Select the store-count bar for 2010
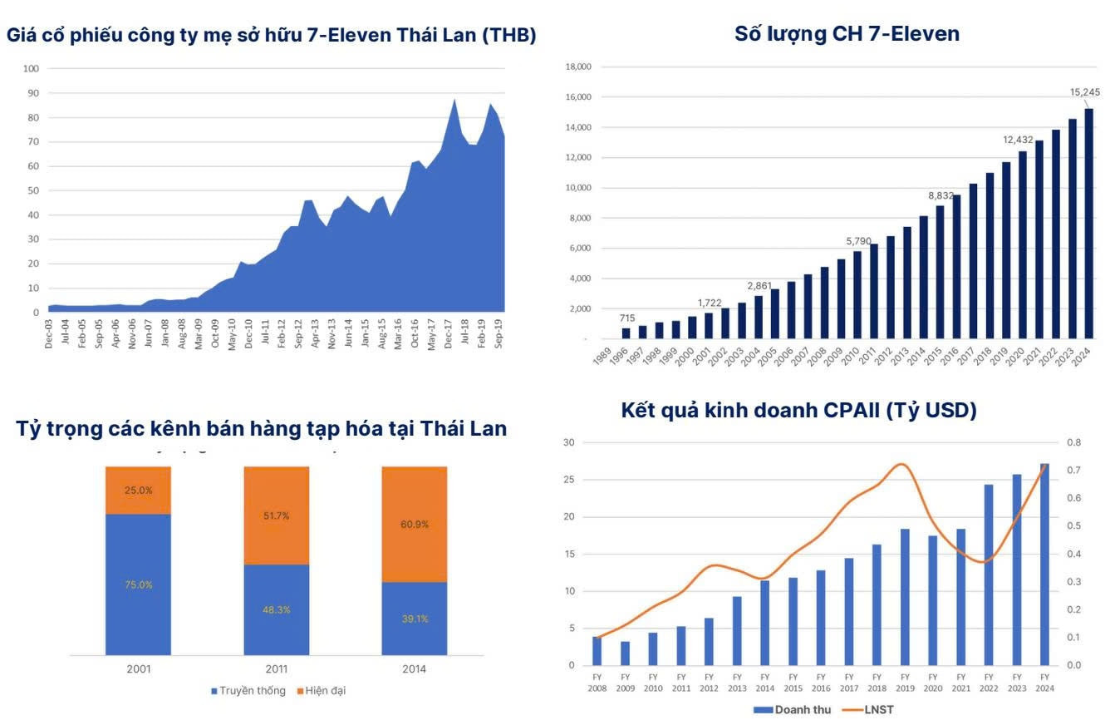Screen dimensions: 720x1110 coord(857,294)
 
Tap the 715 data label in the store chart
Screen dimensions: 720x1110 coord(627,318)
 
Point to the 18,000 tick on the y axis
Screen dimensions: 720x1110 coord(578,67)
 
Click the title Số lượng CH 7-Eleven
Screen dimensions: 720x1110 coord(847,34)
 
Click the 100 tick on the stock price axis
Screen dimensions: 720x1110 coord(32,69)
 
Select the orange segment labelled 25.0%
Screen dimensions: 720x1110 coord(138,491)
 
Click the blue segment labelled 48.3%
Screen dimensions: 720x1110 coord(276,609)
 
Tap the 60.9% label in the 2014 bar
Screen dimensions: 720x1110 coord(415,525)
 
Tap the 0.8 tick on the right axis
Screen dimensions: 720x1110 coord(1073,442)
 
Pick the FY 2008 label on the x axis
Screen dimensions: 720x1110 coord(597,683)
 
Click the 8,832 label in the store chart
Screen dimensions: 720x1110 coord(941,195)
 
